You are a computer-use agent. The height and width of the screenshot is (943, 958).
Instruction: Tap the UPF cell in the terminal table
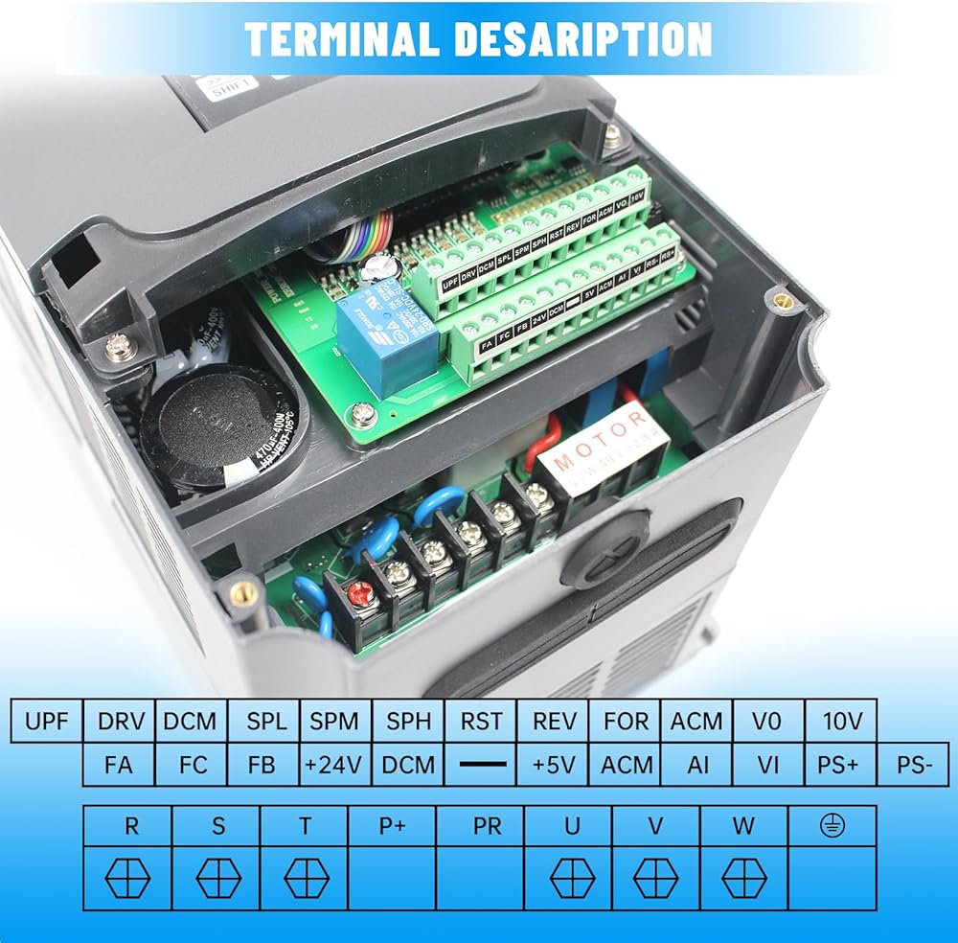click(47, 721)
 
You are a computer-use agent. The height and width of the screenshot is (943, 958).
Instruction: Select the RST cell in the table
click(481, 721)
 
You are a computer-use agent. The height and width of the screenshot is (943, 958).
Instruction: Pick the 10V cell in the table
click(842, 721)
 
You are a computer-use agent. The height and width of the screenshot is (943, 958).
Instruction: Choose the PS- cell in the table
click(913, 765)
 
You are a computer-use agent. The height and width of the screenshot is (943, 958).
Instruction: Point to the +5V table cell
click(553, 765)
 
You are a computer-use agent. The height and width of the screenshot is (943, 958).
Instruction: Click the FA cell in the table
click(118, 765)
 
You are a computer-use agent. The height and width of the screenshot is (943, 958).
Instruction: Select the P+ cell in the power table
click(392, 825)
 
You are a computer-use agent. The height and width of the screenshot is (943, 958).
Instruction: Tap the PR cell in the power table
click(488, 825)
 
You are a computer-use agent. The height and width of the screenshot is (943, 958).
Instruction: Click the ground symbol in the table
click(832, 825)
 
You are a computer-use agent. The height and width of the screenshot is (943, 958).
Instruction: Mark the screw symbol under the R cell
click(127, 878)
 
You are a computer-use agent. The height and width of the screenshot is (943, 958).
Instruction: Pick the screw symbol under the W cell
click(743, 878)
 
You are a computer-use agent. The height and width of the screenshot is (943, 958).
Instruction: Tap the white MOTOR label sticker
click(601, 448)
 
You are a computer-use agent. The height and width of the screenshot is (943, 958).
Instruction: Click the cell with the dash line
click(481, 765)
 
